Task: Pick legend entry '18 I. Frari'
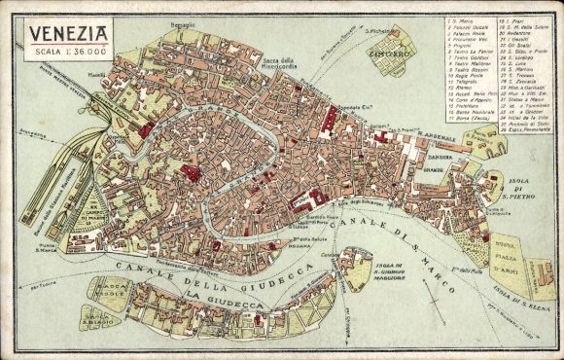pyautogui.click(x=511, y=19)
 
